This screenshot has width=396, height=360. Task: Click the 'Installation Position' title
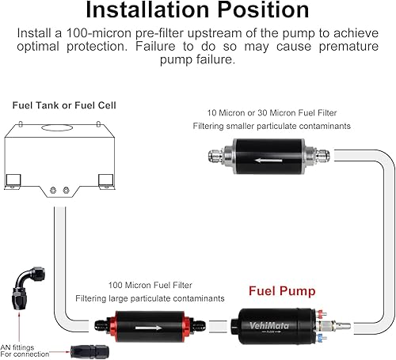[197, 11]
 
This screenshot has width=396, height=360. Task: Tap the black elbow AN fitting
[25, 290]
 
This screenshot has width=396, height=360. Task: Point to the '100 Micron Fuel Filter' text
[151, 283]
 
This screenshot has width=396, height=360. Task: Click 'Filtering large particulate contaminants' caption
[150, 298]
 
